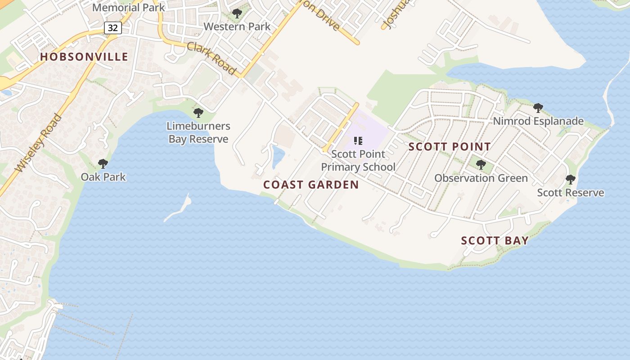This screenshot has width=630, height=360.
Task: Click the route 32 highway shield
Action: (112, 28)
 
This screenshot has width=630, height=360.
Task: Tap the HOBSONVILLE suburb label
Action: (84, 57)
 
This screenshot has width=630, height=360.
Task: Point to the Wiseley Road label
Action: (38, 143)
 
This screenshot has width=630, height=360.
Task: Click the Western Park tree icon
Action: (237, 13)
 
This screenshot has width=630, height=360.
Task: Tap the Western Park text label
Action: (237, 27)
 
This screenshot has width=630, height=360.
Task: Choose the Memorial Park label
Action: (129, 8)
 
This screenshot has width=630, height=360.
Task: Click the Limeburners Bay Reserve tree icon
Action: (198, 113)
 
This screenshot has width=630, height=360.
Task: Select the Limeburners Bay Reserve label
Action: (198, 132)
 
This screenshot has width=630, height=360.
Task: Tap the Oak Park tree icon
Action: (103, 164)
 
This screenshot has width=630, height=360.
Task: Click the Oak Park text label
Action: (103, 177)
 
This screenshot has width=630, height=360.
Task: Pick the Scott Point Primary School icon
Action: (358, 141)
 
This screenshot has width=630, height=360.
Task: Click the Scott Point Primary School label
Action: (358, 160)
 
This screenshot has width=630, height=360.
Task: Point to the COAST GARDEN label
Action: (311, 184)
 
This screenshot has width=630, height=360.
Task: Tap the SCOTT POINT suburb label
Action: (450, 147)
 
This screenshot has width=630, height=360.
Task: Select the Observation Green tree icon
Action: (481, 165)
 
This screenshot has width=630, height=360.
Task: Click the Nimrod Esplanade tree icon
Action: (538, 108)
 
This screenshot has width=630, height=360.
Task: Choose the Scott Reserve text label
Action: (571, 193)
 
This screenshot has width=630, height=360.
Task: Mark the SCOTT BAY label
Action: (495, 240)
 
